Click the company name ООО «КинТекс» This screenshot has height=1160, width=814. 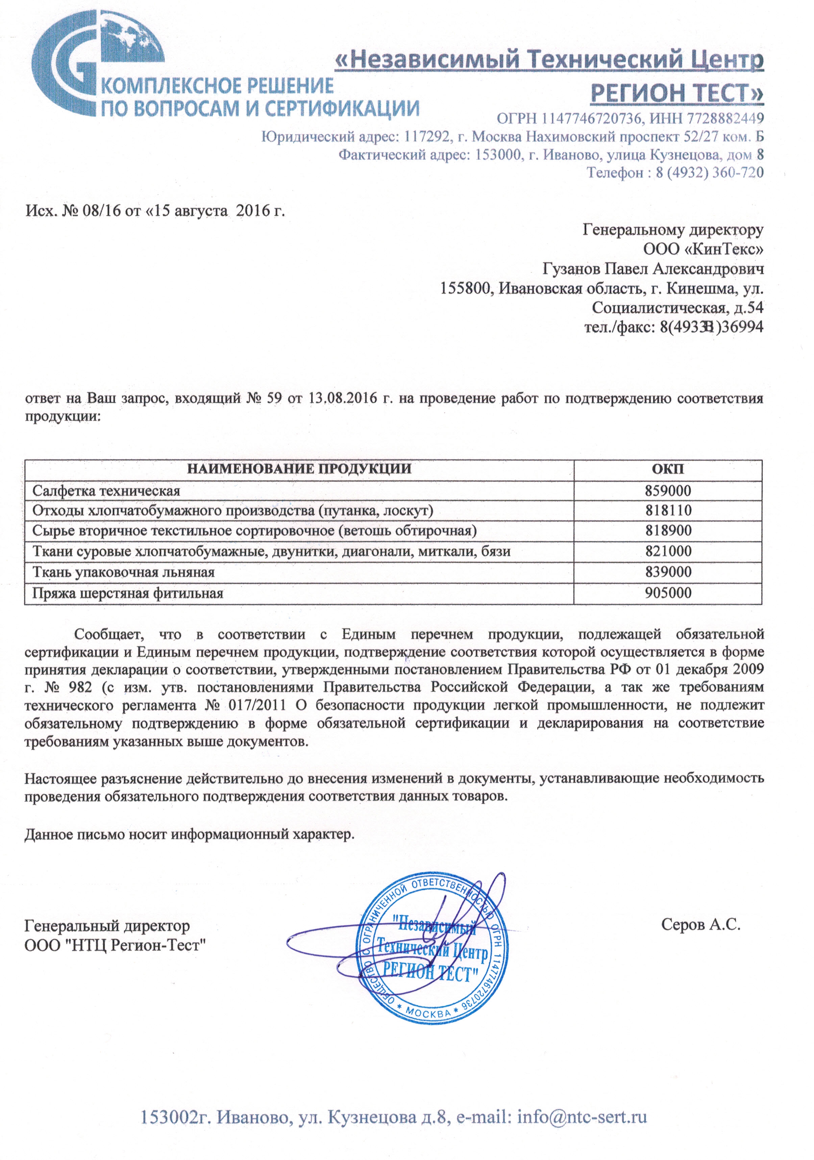pyautogui.click(x=703, y=249)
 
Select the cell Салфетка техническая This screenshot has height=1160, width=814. pyautogui.click(x=106, y=491)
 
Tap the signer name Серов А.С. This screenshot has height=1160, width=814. pyautogui.click(x=700, y=925)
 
